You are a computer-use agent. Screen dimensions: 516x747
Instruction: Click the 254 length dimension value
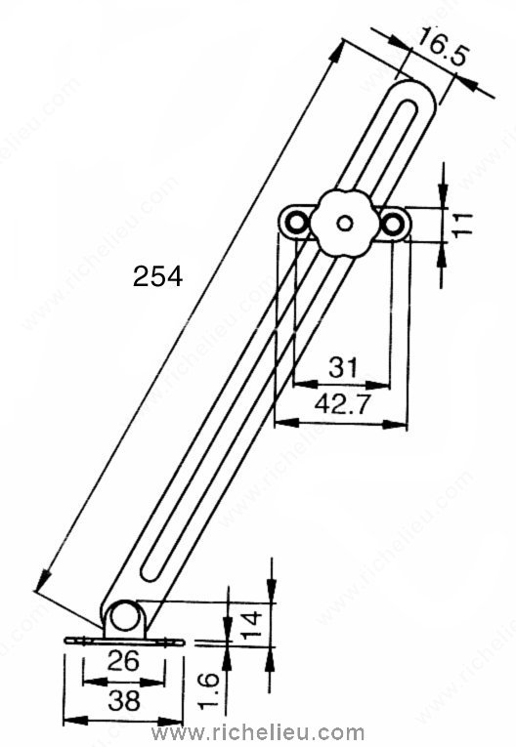(x=157, y=276)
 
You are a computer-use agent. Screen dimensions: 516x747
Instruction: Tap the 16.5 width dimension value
(x=441, y=49)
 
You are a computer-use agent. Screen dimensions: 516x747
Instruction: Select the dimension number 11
(x=461, y=225)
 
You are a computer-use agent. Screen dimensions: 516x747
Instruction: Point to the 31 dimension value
(x=343, y=368)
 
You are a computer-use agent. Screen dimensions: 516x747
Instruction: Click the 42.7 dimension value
(x=342, y=404)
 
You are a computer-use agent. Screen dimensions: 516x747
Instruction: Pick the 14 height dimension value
(x=251, y=625)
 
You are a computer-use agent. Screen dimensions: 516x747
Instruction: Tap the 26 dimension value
(x=123, y=660)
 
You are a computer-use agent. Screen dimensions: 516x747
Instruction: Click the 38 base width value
(x=124, y=700)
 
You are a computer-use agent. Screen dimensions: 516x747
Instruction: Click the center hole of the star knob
(x=344, y=223)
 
